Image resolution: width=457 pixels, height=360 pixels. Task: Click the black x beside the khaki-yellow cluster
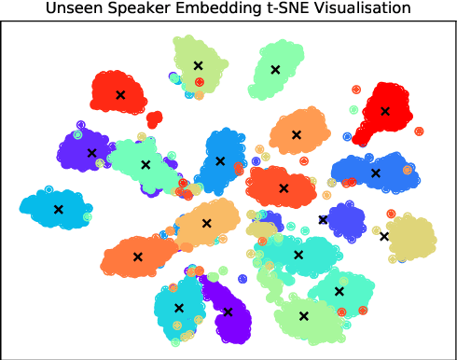(x=384, y=236)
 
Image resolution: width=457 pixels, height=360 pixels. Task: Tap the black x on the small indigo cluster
(x=323, y=220)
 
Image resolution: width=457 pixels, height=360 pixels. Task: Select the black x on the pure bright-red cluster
(x=384, y=111)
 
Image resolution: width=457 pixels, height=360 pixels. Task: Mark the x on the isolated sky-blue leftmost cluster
(x=58, y=210)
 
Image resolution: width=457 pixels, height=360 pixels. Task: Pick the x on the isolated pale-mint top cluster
(x=274, y=69)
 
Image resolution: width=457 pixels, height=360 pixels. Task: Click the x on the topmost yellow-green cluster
(x=198, y=65)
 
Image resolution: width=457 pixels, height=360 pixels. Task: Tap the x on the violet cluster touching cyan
(x=228, y=312)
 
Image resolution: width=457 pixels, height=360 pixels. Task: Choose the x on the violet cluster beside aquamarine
(x=91, y=153)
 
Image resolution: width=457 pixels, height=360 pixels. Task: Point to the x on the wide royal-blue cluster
(x=376, y=173)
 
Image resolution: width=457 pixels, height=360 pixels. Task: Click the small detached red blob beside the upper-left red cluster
(x=154, y=119)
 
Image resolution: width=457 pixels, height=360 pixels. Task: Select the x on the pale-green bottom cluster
(x=303, y=315)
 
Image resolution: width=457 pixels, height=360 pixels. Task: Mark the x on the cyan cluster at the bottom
(x=179, y=308)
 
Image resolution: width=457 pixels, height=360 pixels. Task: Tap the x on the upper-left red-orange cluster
(x=119, y=94)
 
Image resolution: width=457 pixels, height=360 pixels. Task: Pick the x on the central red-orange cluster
(x=284, y=187)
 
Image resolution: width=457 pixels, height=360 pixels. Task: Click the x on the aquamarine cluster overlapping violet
(x=145, y=165)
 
